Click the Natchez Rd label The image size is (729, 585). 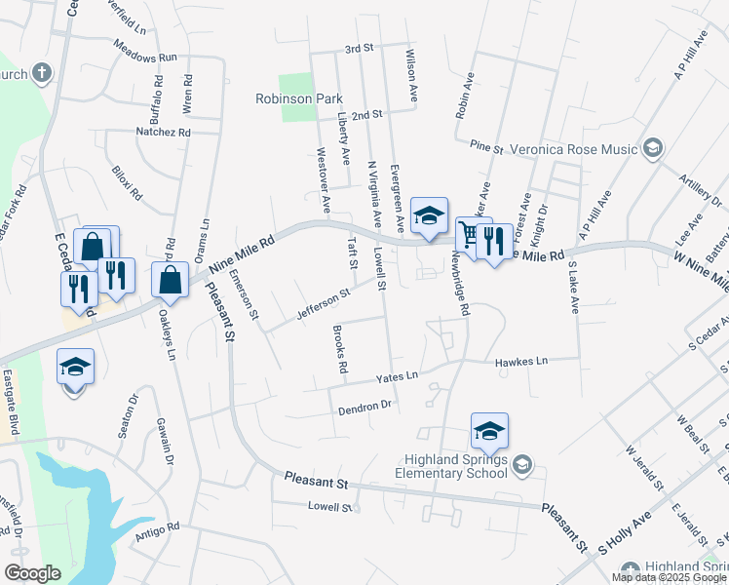[x=165, y=132]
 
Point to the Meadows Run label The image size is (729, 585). [x=144, y=58]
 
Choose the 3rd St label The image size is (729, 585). [x=360, y=48]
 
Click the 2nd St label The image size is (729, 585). [x=365, y=115]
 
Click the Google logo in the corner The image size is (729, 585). [x=32, y=573]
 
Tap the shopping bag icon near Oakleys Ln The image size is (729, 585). [x=171, y=279]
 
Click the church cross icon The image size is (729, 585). [x=42, y=72]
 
